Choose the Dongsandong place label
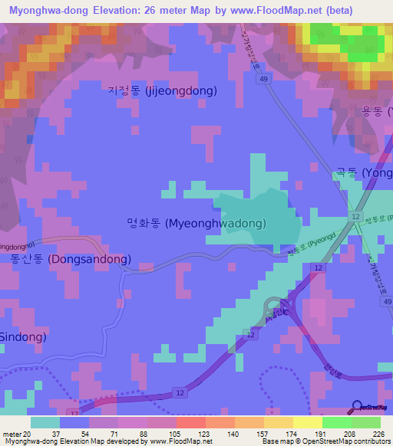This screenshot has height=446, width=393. point(71,259)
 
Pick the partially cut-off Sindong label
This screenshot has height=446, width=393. point(23,336)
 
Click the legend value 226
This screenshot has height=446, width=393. point(368,434)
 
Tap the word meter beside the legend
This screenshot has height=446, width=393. point(12,434)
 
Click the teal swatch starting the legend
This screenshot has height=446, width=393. point(45,422)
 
